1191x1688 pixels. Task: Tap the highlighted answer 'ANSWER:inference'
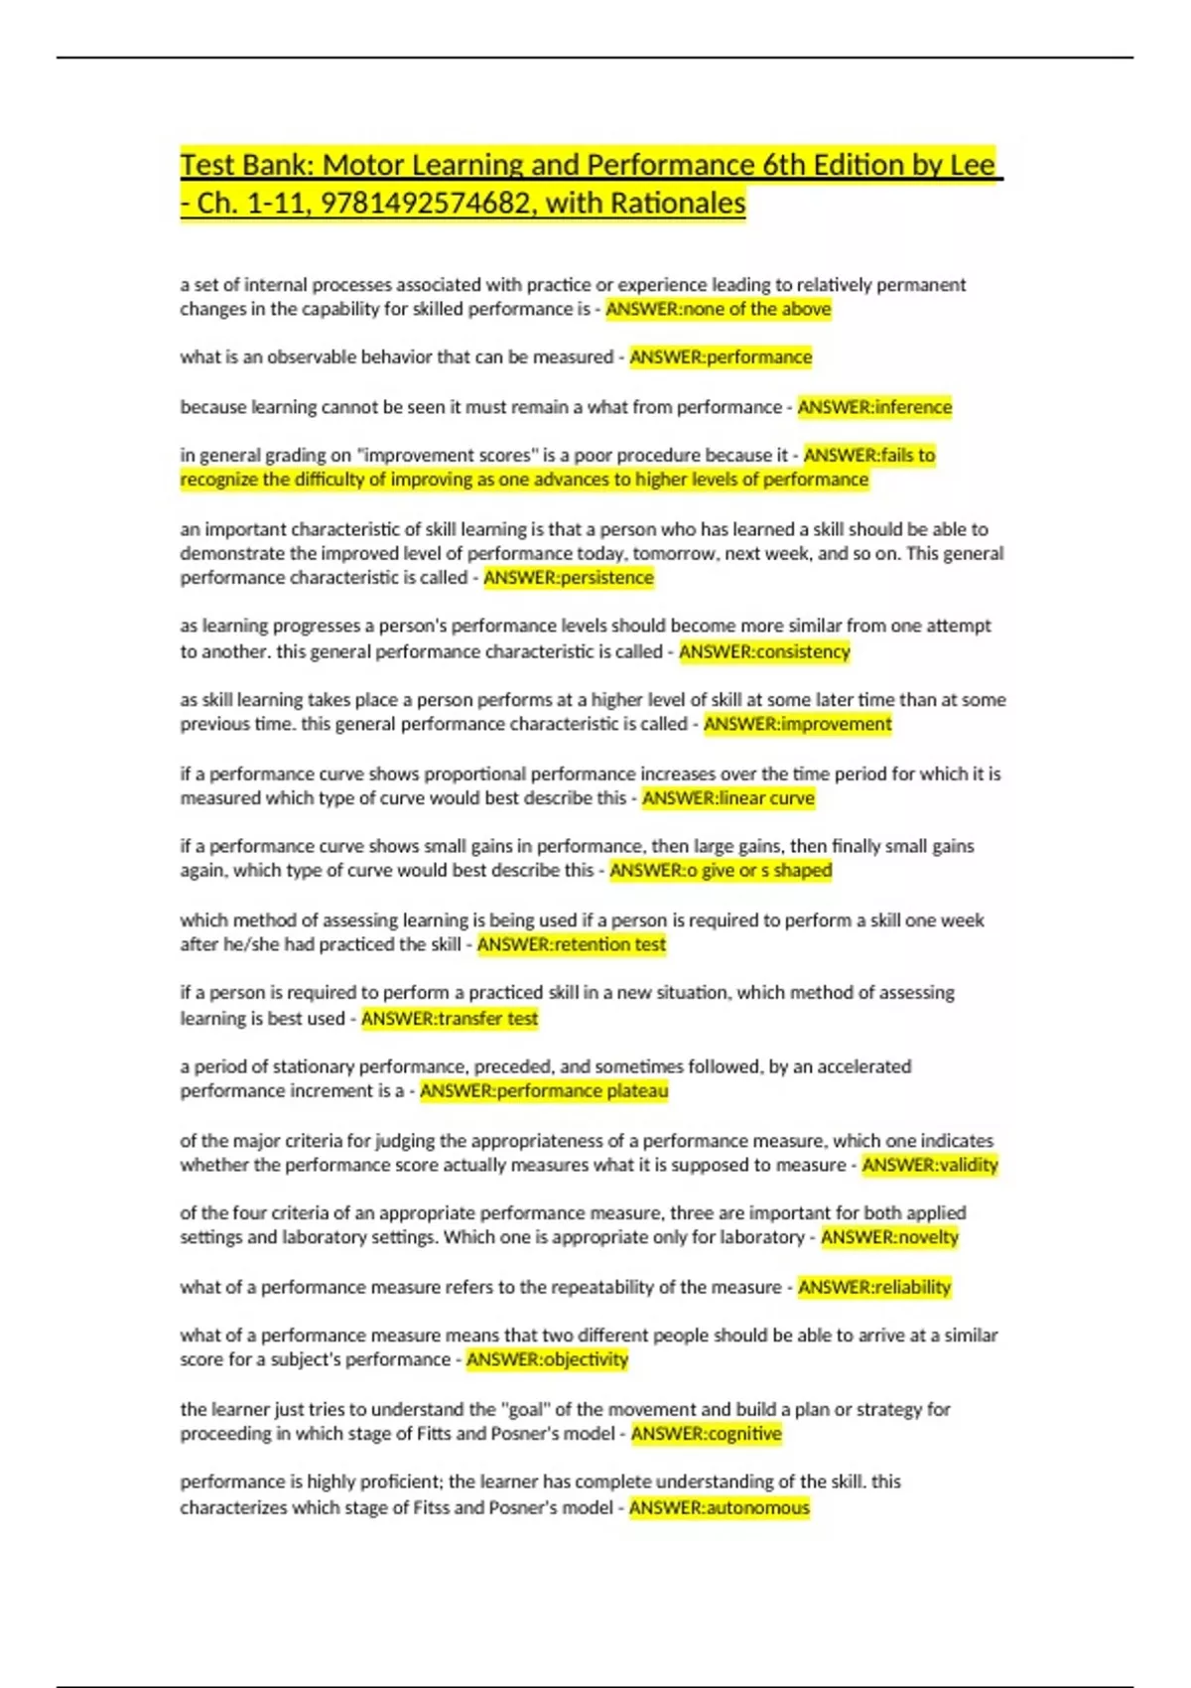874,407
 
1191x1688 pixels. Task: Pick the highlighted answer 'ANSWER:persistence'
569,578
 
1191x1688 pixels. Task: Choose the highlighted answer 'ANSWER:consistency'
764,651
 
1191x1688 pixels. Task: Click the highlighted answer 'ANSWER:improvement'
798,724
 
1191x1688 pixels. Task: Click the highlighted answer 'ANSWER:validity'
930,1165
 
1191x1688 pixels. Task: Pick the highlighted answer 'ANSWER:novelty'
889,1237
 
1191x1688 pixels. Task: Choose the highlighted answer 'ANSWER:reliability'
874,1287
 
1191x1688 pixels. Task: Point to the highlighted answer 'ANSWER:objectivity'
547,1359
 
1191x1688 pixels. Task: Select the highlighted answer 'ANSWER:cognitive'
707,1434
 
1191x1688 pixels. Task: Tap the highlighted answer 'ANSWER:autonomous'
720,1507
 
